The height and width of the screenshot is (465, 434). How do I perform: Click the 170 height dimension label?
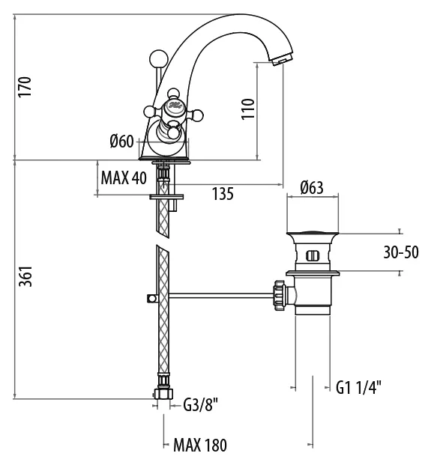point(25,87)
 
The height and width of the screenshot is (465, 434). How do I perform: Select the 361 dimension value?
point(25,276)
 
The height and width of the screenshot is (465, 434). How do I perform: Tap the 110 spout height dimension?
point(248,109)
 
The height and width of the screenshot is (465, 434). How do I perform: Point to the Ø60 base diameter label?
point(121,142)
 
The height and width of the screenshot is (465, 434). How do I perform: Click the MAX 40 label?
point(124,178)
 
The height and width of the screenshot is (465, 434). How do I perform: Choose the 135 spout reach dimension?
point(223,194)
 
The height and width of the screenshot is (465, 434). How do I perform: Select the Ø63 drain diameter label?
point(312,187)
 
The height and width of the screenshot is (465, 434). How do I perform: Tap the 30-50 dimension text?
point(401,252)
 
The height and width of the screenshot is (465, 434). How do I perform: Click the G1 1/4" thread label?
point(358,387)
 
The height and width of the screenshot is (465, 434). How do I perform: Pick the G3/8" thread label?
point(201,404)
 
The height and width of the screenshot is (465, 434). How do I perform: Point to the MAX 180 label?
point(200,445)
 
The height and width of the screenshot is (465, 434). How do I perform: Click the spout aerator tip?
point(282,60)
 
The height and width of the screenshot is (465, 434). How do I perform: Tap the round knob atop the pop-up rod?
point(158,58)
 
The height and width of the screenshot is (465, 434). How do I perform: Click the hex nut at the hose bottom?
point(163,394)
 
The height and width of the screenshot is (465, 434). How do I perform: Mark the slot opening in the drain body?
point(313,255)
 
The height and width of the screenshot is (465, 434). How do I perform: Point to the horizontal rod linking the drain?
point(221,295)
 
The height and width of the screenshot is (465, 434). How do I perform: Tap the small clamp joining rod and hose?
point(153,298)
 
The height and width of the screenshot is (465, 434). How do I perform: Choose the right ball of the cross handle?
point(198,115)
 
